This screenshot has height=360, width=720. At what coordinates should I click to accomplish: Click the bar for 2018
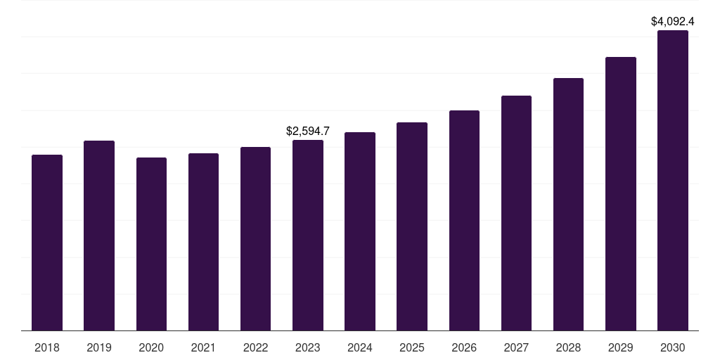tap(47, 243)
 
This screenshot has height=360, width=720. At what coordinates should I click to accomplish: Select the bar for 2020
tap(151, 244)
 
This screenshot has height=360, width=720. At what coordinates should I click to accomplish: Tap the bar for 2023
tap(308, 236)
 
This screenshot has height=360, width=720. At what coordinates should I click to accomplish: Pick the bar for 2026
tap(464, 221)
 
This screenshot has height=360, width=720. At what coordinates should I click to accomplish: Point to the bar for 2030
tap(673, 181)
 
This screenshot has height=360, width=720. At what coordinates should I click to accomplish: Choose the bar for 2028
tap(568, 205)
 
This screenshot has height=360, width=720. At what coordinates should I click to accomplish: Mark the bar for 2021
tap(203, 242)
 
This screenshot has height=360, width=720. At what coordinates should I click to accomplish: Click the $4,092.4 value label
tap(673, 21)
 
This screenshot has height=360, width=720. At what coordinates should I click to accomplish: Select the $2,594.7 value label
tap(308, 131)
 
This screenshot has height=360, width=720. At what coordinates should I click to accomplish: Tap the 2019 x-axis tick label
tap(99, 347)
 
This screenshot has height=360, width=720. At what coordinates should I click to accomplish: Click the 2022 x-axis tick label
tap(255, 347)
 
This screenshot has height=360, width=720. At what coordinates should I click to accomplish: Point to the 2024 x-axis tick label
tap(360, 347)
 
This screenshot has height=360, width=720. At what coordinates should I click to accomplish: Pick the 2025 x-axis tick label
tap(412, 347)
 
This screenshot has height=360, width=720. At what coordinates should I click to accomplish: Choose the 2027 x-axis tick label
tap(516, 347)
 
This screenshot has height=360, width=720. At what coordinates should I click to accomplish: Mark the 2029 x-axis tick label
tap(621, 347)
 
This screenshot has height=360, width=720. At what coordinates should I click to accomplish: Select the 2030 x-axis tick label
tap(673, 347)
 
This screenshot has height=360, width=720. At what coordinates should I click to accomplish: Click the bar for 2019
tap(99, 236)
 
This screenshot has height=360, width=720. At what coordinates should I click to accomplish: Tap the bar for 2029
tap(621, 194)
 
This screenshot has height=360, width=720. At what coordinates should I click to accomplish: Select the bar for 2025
tap(412, 226)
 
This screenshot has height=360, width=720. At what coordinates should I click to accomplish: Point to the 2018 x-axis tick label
tap(47, 347)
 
